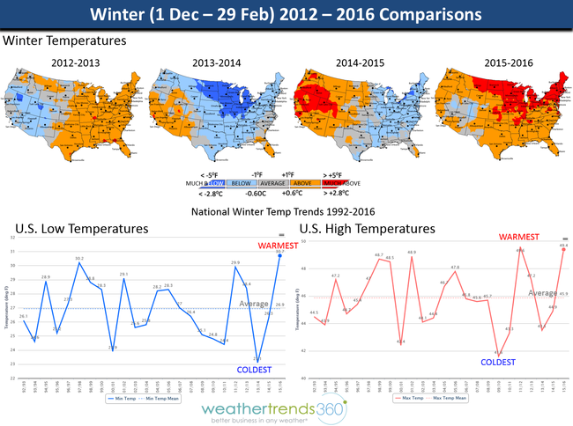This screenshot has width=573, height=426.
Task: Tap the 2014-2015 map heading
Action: coord(360,62)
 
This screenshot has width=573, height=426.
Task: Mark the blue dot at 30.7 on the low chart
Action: coord(279,256)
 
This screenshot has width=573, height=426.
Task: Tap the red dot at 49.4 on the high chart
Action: coord(562,249)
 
